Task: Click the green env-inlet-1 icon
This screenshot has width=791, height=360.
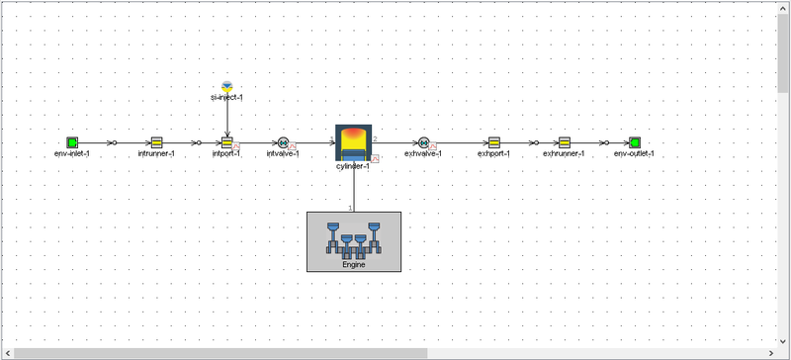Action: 72,142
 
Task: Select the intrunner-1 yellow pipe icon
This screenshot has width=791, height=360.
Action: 156,142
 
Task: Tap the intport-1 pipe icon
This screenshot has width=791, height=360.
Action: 226,142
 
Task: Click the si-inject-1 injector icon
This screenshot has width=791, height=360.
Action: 226,86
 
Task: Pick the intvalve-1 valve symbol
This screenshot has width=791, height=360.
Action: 284,142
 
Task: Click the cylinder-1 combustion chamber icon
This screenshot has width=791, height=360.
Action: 354,141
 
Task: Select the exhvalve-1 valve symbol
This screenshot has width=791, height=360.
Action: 423,142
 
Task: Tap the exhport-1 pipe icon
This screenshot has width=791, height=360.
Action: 493,142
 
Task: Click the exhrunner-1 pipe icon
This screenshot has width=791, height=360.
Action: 564,142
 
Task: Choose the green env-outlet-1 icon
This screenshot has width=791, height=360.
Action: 634,142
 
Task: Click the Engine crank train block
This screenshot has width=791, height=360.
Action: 354,240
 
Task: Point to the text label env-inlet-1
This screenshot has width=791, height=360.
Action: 72,154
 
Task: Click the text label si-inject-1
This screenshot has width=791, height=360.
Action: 226,98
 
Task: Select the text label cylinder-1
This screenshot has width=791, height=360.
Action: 353,165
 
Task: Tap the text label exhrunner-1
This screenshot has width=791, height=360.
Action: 564,154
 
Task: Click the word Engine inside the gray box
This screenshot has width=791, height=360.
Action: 354,264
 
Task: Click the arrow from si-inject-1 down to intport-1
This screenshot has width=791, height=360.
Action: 226,117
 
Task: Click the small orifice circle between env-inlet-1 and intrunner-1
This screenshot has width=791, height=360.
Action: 113,142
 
